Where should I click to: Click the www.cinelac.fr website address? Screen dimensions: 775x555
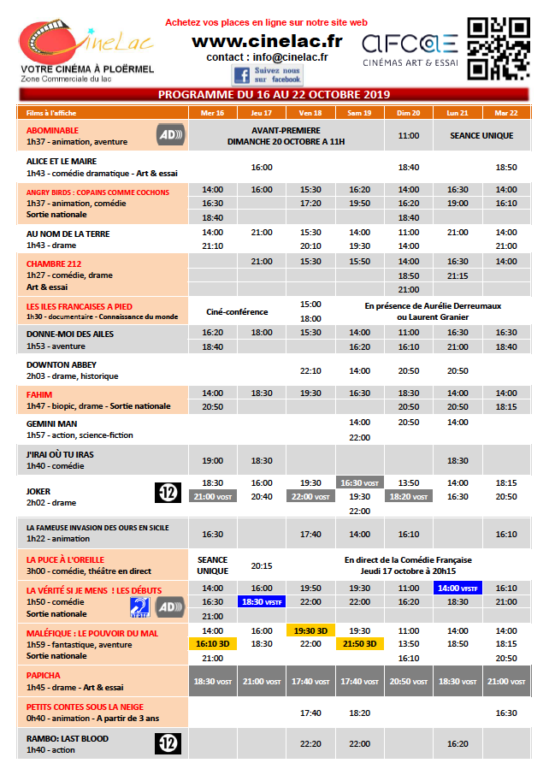coord(267,40)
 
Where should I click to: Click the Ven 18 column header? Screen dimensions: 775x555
coord(310,113)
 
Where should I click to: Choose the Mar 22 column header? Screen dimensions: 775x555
coord(506,113)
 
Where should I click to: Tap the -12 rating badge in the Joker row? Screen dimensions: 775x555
coord(168,492)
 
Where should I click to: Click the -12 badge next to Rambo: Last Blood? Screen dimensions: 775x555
coord(168,743)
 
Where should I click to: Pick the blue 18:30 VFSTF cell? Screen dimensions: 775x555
coord(261,601)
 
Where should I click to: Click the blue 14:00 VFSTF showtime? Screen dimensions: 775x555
coord(458,588)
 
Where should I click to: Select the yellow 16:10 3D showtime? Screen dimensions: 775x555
coord(213,643)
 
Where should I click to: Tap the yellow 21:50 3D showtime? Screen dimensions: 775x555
coord(359,643)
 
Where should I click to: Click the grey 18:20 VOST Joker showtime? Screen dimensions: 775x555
coord(409,496)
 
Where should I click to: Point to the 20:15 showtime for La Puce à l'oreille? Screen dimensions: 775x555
coord(262,565)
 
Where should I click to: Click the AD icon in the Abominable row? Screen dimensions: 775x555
coord(169,134)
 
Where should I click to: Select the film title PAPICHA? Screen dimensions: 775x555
coord(44,675)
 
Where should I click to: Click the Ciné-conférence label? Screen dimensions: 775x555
coord(237,311)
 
